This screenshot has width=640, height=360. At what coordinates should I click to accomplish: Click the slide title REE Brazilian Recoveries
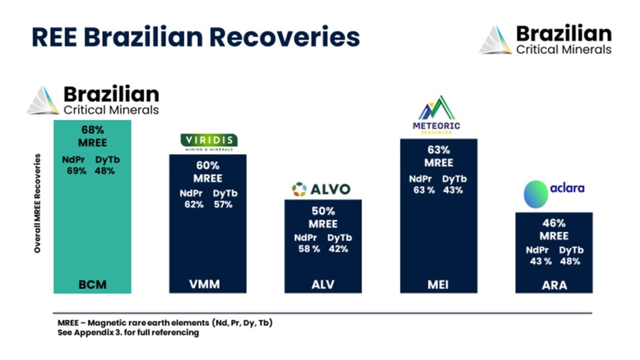195,37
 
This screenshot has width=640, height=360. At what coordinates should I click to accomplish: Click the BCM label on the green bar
92,285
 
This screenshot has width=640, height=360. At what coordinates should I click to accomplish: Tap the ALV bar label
322,285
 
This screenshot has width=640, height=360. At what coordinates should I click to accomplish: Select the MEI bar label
439,285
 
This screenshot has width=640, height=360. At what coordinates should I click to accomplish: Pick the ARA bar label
554,285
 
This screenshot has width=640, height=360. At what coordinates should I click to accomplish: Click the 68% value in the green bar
92,129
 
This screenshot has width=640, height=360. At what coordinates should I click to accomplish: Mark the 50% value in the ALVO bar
323,211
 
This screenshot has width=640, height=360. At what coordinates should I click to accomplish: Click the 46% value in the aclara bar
554,223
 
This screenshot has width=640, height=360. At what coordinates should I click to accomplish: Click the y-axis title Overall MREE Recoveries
38,203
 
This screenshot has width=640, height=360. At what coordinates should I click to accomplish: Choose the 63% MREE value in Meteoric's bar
439,150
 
